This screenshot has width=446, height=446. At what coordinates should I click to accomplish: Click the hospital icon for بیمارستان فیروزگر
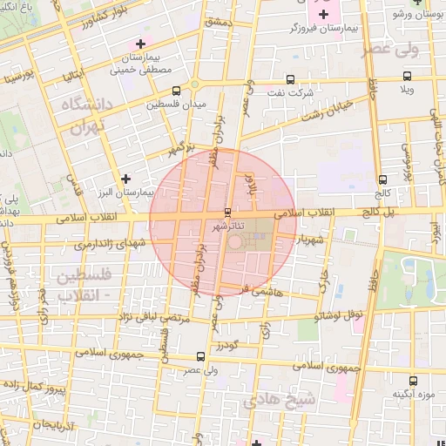point(323,14)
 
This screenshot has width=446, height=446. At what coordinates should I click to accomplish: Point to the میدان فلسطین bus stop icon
point(177,90)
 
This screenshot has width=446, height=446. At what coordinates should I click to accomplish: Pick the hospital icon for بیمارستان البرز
point(127,179)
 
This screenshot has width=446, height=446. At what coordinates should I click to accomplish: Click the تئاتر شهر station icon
point(227,213)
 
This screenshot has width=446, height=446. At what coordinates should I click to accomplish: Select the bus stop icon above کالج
point(383,179)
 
